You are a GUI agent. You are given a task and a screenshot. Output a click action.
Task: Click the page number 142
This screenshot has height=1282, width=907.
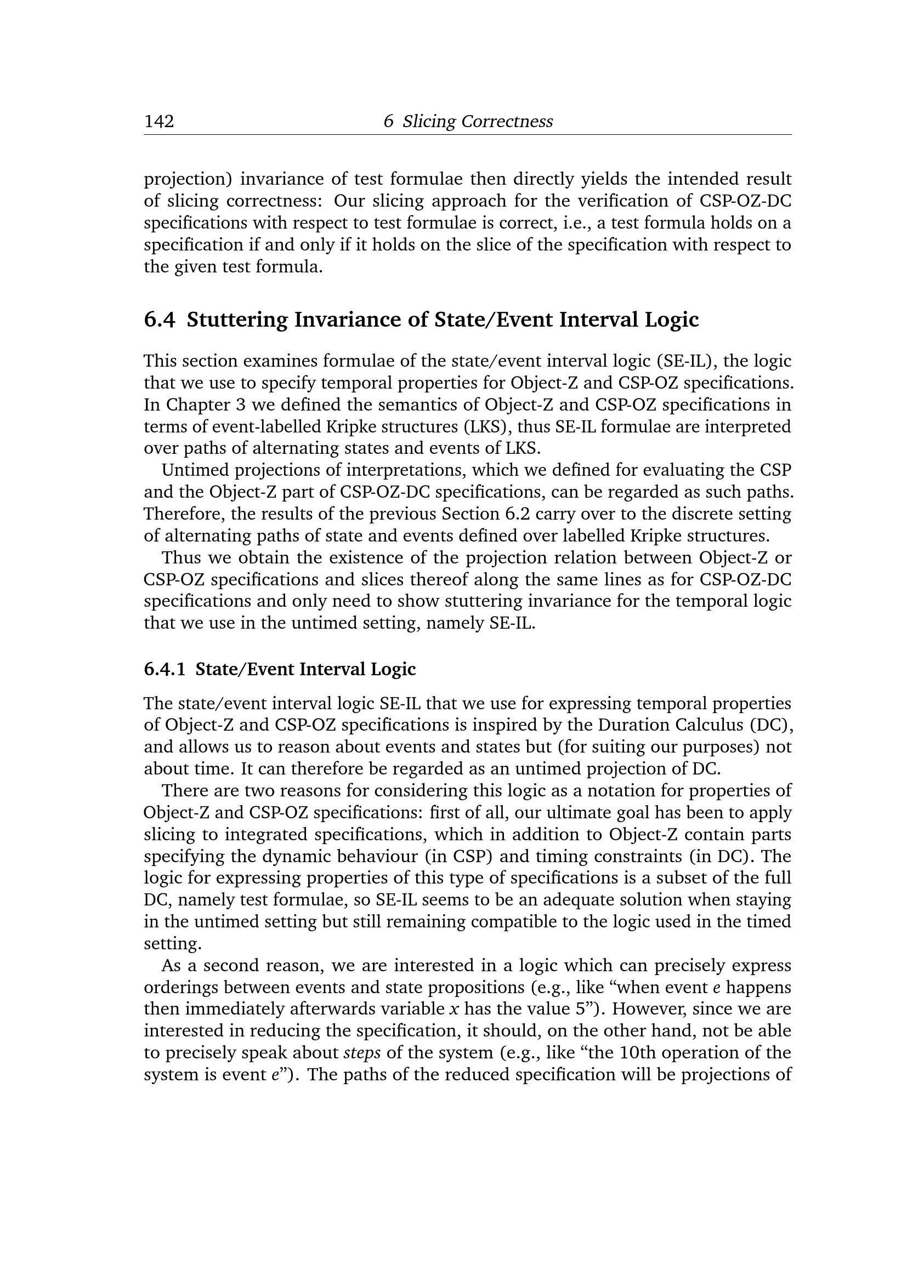pos(159,121)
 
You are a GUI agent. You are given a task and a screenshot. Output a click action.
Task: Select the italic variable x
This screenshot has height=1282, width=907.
pos(454,1010)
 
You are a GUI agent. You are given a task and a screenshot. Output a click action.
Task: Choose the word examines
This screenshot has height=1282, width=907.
pos(272,361)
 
